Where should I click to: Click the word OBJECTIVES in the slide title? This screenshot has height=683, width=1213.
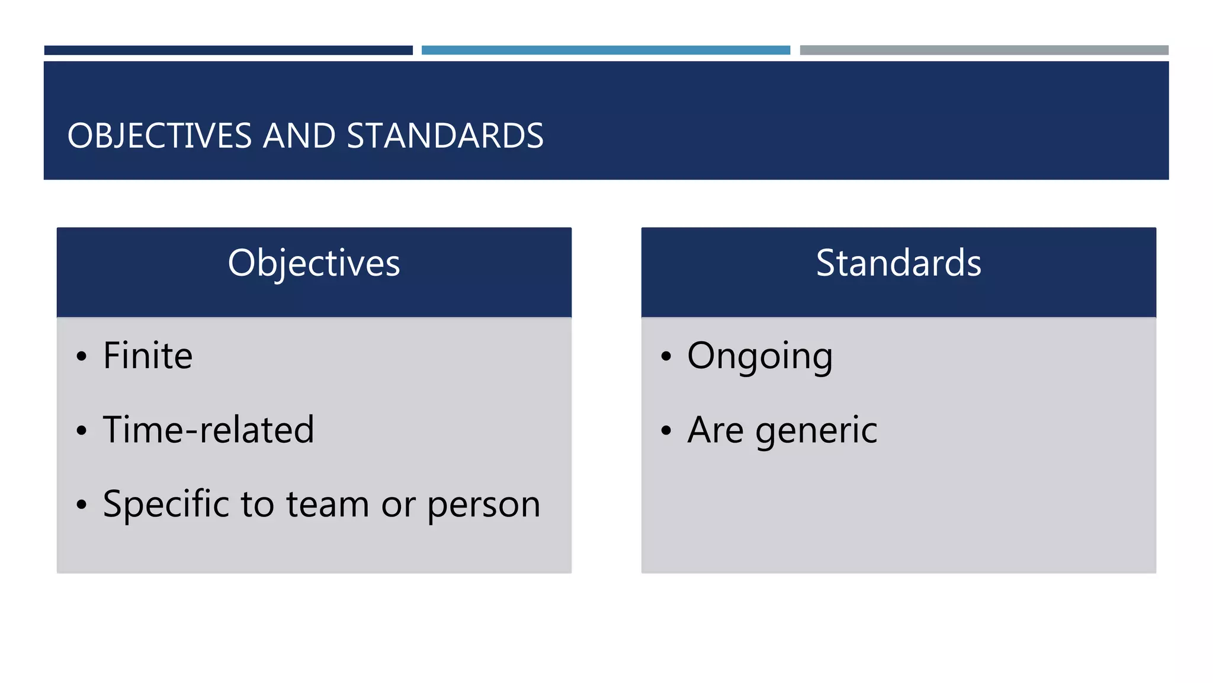[160, 136]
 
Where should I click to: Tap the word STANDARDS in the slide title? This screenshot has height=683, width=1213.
[445, 136]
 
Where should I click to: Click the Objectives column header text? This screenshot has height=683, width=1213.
[314, 263]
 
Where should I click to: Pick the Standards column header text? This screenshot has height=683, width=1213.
[898, 263]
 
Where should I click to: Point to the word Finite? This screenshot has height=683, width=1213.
[148, 356]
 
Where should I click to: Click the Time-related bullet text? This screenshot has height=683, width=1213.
[208, 430]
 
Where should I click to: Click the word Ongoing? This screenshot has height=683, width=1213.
[760, 357]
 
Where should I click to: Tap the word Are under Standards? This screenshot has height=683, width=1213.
[715, 430]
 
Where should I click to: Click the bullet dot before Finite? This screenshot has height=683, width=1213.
[82, 357]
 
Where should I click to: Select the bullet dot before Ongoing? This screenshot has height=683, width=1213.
[666, 357]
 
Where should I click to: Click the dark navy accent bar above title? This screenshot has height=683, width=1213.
[229, 50]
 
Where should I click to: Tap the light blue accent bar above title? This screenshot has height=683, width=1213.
[606, 50]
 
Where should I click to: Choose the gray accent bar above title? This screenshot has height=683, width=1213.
[984, 50]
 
